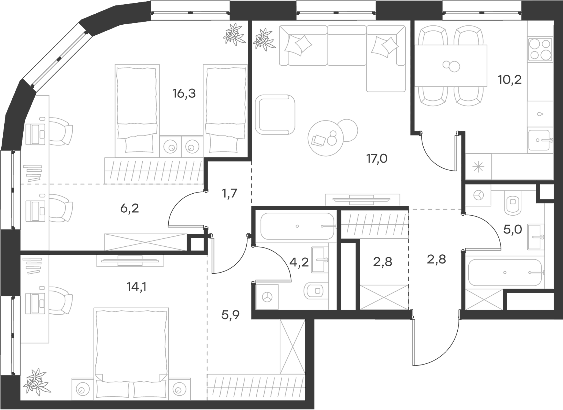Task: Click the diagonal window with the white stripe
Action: [x=59, y=58]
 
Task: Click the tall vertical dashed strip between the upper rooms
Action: [x=409, y=80]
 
